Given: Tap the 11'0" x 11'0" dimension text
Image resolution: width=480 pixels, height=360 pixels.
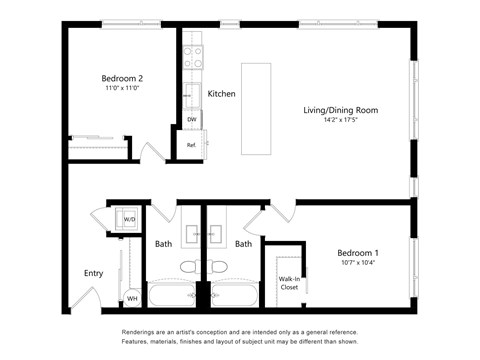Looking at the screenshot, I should tap(121, 89).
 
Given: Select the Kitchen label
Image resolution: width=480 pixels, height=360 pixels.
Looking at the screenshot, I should tap(221, 94).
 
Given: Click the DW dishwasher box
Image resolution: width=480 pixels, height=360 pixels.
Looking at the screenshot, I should tap(192, 120).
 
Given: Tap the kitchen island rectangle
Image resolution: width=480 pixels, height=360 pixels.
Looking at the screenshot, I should tap(255, 108).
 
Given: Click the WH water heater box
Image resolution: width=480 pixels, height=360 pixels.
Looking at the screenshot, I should tap(131, 297).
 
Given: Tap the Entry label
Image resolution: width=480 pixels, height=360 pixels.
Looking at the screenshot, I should tap(93, 273).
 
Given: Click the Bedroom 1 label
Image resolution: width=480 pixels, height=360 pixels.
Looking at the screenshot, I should tap(358, 253).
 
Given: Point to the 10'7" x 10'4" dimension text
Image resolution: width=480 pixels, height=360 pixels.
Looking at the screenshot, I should tap(358, 265).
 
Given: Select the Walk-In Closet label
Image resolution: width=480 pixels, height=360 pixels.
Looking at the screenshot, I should tap(289, 283).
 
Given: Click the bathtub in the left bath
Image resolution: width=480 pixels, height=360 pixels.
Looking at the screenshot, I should tap(172, 295).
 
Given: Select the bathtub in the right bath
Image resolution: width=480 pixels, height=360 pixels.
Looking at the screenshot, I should tap(235, 295).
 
